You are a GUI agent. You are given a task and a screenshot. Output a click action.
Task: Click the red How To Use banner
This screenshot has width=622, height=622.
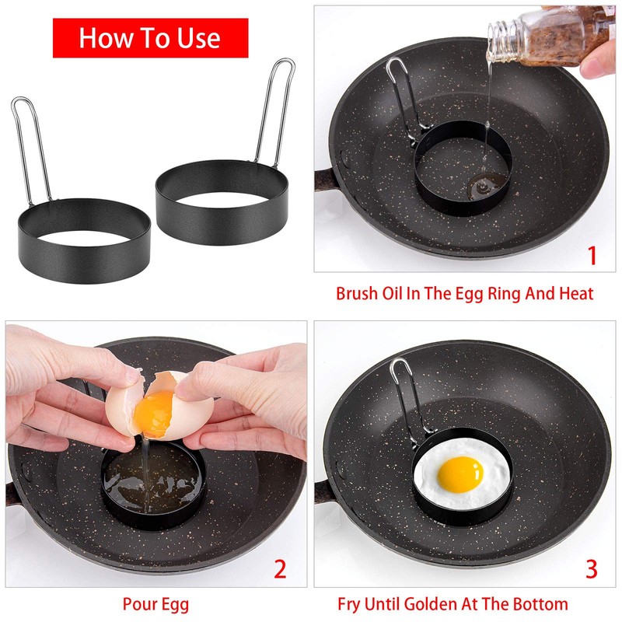click(150, 38)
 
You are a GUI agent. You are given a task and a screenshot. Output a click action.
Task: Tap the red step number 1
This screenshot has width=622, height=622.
click(592, 255)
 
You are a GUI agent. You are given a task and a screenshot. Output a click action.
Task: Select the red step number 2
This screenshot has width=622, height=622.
click(281, 570)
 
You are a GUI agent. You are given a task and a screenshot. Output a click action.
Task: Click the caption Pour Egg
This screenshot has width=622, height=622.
click(155, 604)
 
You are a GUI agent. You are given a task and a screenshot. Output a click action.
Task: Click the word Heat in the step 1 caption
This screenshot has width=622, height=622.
click(575, 295)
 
